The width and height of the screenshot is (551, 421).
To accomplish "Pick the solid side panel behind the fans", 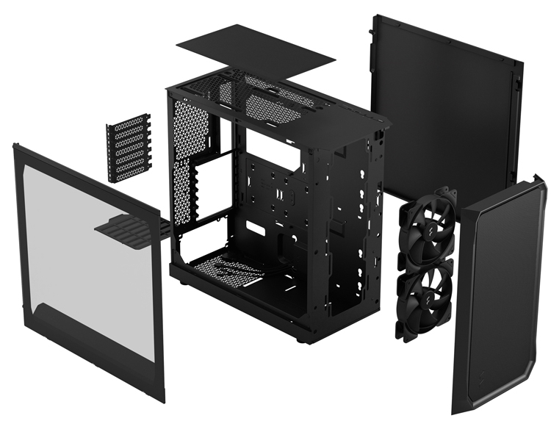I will click(x=448, y=103).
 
